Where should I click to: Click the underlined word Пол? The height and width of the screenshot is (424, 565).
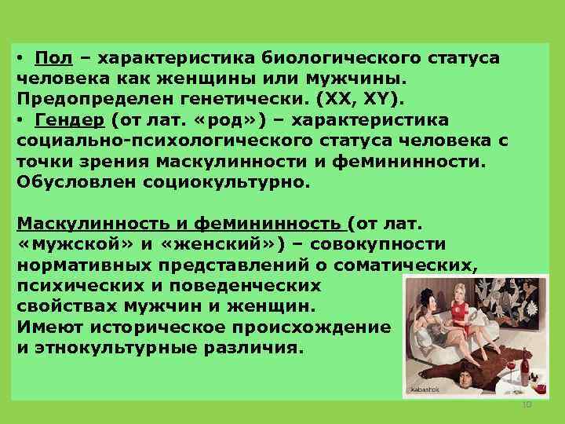point(54,59)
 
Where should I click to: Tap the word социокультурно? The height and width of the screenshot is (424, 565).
point(228,181)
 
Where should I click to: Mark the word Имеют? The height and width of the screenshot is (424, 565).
point(47,324)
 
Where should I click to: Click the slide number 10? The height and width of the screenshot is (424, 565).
point(527,404)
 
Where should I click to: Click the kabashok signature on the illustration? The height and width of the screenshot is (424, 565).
point(423,389)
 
